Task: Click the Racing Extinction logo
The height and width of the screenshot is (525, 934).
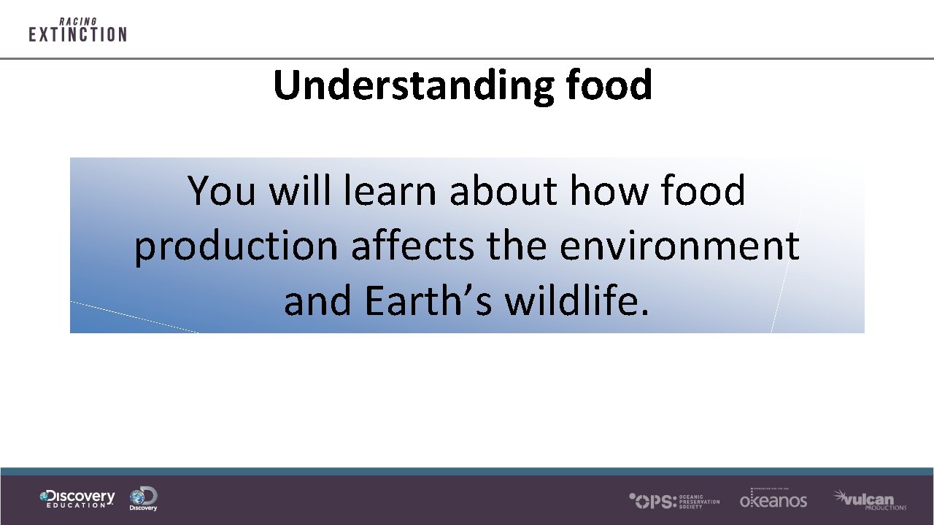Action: click(77, 31)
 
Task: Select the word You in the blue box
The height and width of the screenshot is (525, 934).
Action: click(222, 191)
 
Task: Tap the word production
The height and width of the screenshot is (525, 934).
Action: click(236, 246)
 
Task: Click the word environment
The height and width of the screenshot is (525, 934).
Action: click(679, 246)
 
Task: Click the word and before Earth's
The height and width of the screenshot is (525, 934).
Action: click(318, 300)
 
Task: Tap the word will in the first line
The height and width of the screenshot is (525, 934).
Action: click(300, 191)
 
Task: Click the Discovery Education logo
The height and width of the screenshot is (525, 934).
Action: click(77, 499)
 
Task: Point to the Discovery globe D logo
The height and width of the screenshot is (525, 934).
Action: click(144, 499)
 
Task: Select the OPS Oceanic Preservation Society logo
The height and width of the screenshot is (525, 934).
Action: click(674, 500)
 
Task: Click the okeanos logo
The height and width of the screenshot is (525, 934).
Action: click(773, 499)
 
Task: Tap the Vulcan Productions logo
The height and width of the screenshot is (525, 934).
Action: click(869, 499)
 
